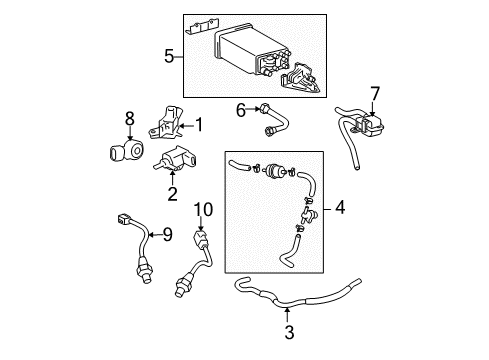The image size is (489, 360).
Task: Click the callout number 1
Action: click(x=198, y=125)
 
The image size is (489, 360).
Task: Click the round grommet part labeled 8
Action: click(x=128, y=154)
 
